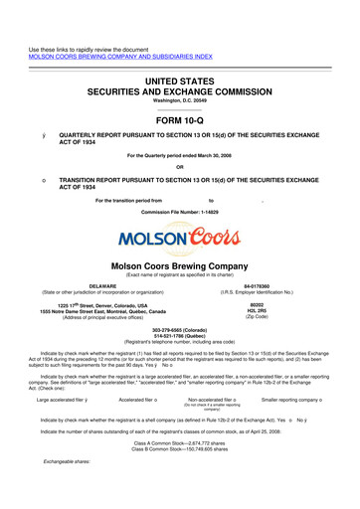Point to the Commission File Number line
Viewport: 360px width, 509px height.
pos(180,214)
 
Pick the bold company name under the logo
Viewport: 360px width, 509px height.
pos(180,266)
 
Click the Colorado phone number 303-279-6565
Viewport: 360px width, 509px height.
pos(180,329)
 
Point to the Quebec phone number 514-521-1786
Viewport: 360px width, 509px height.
pos(180,336)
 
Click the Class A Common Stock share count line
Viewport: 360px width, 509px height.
pos(180,440)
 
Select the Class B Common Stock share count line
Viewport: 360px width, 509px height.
pos(180,447)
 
